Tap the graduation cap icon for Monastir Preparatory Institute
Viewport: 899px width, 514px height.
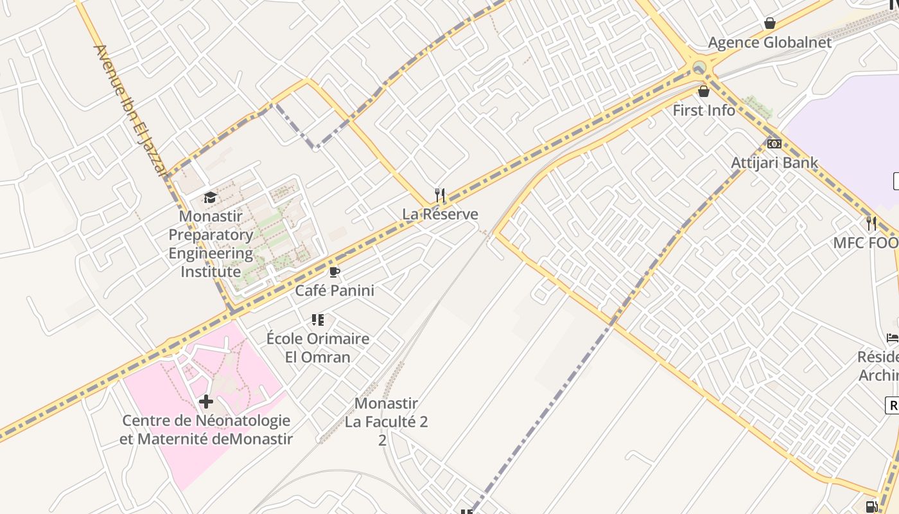[210, 197]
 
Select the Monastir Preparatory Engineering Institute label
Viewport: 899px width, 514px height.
[211, 244]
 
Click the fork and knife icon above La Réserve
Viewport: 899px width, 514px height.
[440, 195]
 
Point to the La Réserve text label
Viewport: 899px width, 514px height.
[440, 214]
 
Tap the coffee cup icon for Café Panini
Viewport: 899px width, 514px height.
[334, 272]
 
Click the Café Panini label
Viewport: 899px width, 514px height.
[334, 290]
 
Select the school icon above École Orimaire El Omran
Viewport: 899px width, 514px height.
[317, 319]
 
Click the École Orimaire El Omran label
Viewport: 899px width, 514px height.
[317, 348]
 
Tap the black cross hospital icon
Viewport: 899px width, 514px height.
[205, 402]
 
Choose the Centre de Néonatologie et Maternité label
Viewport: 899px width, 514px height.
[206, 430]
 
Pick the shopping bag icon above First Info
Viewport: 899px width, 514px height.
[704, 91]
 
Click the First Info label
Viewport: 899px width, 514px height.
[704, 111]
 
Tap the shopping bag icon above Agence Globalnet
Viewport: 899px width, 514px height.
[769, 24]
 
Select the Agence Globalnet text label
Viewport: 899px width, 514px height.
[769, 43]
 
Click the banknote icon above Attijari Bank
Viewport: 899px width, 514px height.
[774, 144]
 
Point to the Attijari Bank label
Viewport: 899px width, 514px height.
[774, 163]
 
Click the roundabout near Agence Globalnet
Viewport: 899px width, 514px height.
[699, 67]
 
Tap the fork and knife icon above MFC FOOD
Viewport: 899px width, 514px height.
[871, 224]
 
